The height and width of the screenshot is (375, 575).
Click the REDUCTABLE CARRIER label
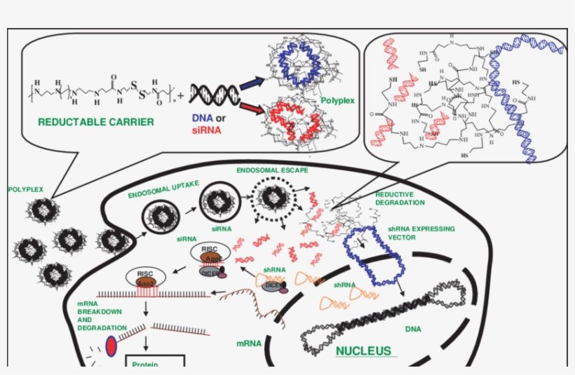point(95,122)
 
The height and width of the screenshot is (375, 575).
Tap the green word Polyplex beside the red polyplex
point(337,101)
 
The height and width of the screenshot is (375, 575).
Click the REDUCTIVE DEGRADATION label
point(400,198)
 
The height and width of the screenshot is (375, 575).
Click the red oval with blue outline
point(111,346)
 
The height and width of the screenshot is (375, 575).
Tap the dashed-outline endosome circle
point(274,200)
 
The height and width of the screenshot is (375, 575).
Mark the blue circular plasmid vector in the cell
point(376,257)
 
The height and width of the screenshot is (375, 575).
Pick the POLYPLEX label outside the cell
point(26,190)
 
